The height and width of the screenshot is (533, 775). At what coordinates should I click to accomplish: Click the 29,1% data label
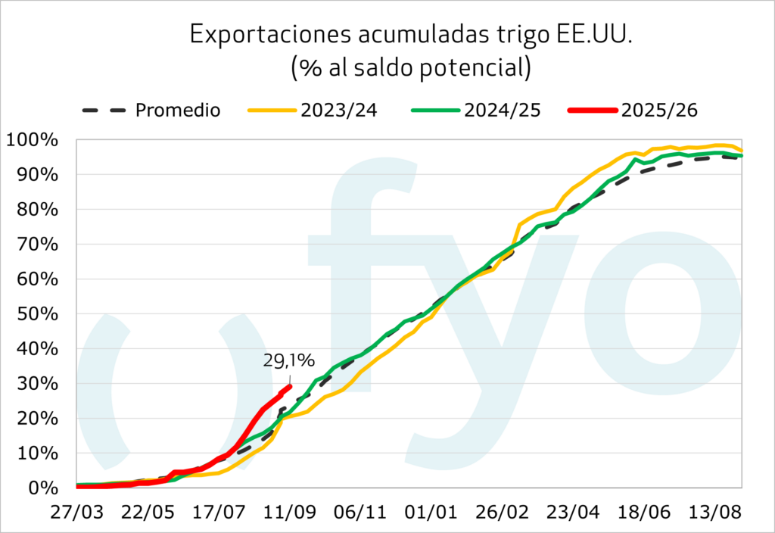(x=288, y=360)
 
